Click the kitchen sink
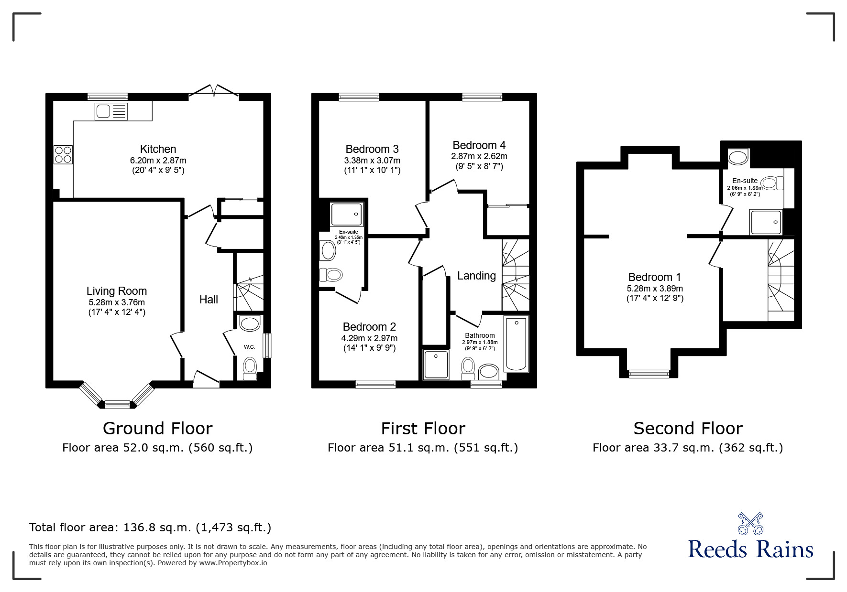(x=111, y=111)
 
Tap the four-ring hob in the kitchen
(x=63, y=154)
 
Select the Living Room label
(x=117, y=291)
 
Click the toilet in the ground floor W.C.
(x=250, y=368)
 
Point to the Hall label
(x=209, y=300)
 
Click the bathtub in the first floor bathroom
(x=517, y=344)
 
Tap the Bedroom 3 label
(x=372, y=149)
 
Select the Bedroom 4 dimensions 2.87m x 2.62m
(x=479, y=156)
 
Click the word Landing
(x=476, y=276)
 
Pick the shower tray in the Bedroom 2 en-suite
(x=347, y=214)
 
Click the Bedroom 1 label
(x=655, y=277)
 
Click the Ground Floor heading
(x=157, y=428)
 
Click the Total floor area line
(x=150, y=527)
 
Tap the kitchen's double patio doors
(x=214, y=92)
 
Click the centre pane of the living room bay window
(x=117, y=405)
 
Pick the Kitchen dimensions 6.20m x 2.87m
(x=158, y=161)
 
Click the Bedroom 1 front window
(x=649, y=374)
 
